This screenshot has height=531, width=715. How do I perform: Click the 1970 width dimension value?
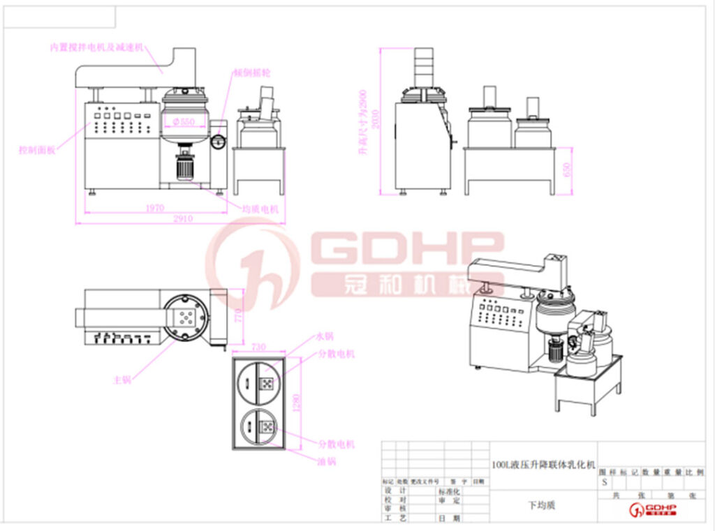[154, 207]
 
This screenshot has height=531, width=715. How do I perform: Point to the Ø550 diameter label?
[183, 122]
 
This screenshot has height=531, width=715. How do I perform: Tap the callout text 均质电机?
[261, 208]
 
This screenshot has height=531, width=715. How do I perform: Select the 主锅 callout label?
[122, 380]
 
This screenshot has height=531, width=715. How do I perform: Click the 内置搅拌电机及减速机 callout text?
[96, 47]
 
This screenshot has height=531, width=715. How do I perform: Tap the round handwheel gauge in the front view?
[218, 140]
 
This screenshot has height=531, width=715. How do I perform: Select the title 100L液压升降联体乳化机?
[543, 465]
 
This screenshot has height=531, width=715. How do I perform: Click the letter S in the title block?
[604, 482]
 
